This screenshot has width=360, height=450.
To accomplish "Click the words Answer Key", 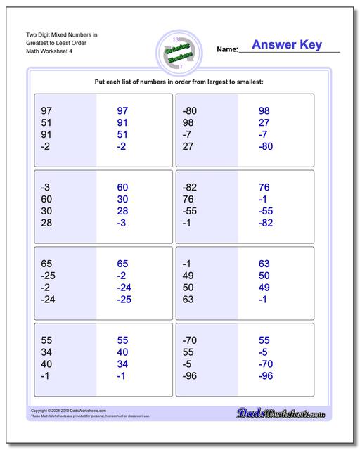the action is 286,45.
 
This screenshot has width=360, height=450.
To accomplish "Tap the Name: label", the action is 228,50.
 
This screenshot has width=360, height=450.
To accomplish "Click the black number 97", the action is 47,111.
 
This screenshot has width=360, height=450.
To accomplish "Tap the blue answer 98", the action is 264,111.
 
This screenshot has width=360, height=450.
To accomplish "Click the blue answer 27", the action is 264,123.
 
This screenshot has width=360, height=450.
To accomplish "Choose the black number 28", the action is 47,223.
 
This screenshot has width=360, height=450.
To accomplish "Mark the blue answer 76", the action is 264,188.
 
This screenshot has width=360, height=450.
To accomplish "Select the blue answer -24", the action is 123,288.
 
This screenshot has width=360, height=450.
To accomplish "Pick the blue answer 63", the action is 264,264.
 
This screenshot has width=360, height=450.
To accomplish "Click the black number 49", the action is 188,276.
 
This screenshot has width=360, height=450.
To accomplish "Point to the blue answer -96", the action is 264,376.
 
